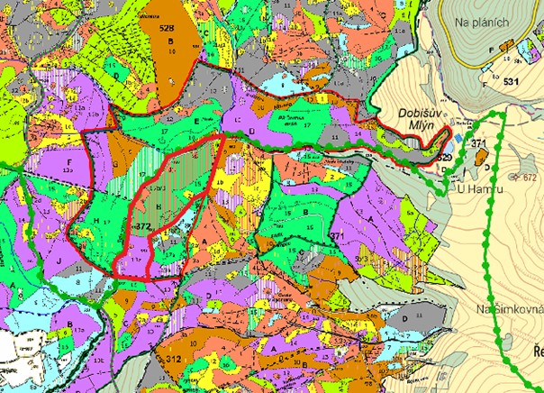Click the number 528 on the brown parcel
(167, 29)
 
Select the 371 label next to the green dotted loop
(477, 144)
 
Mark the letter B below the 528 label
(168, 52)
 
